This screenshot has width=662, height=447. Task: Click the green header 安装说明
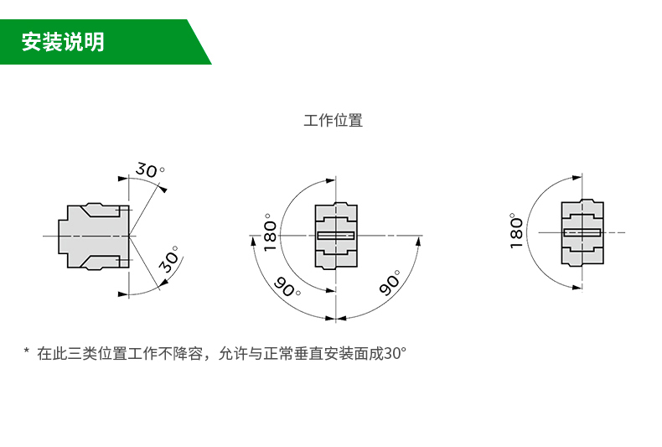coord(64,41)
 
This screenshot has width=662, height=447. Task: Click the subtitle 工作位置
coord(333,120)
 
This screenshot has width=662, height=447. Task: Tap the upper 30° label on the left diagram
coord(150,170)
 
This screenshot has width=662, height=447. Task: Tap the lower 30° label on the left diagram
coord(170,262)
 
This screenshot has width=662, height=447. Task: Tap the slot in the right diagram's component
coord(582,231)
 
